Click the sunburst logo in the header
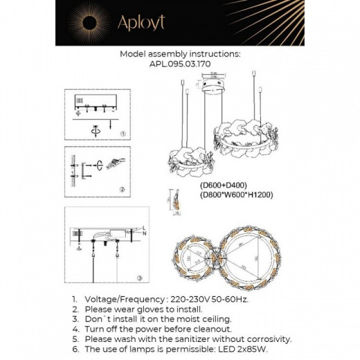pyautogui.click(x=93, y=23)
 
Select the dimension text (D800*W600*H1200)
pyautogui.click(x=236, y=196)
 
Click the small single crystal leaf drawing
pyautogui.click(x=175, y=201)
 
